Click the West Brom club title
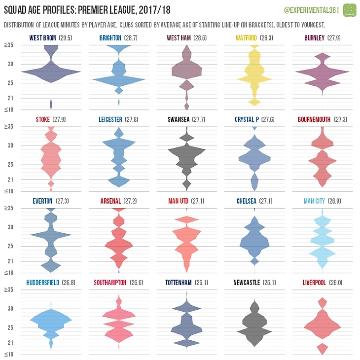[x=42, y=37]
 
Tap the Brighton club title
[x=111, y=37]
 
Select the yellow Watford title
[x=245, y=37]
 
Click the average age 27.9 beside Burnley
[x=336, y=37]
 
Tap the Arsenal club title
[x=111, y=201]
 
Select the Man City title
[x=314, y=201]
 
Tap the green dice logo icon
[x=349, y=10]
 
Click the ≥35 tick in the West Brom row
[x=9, y=45]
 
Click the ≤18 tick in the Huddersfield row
[x=9, y=354]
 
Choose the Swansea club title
[x=179, y=119]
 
